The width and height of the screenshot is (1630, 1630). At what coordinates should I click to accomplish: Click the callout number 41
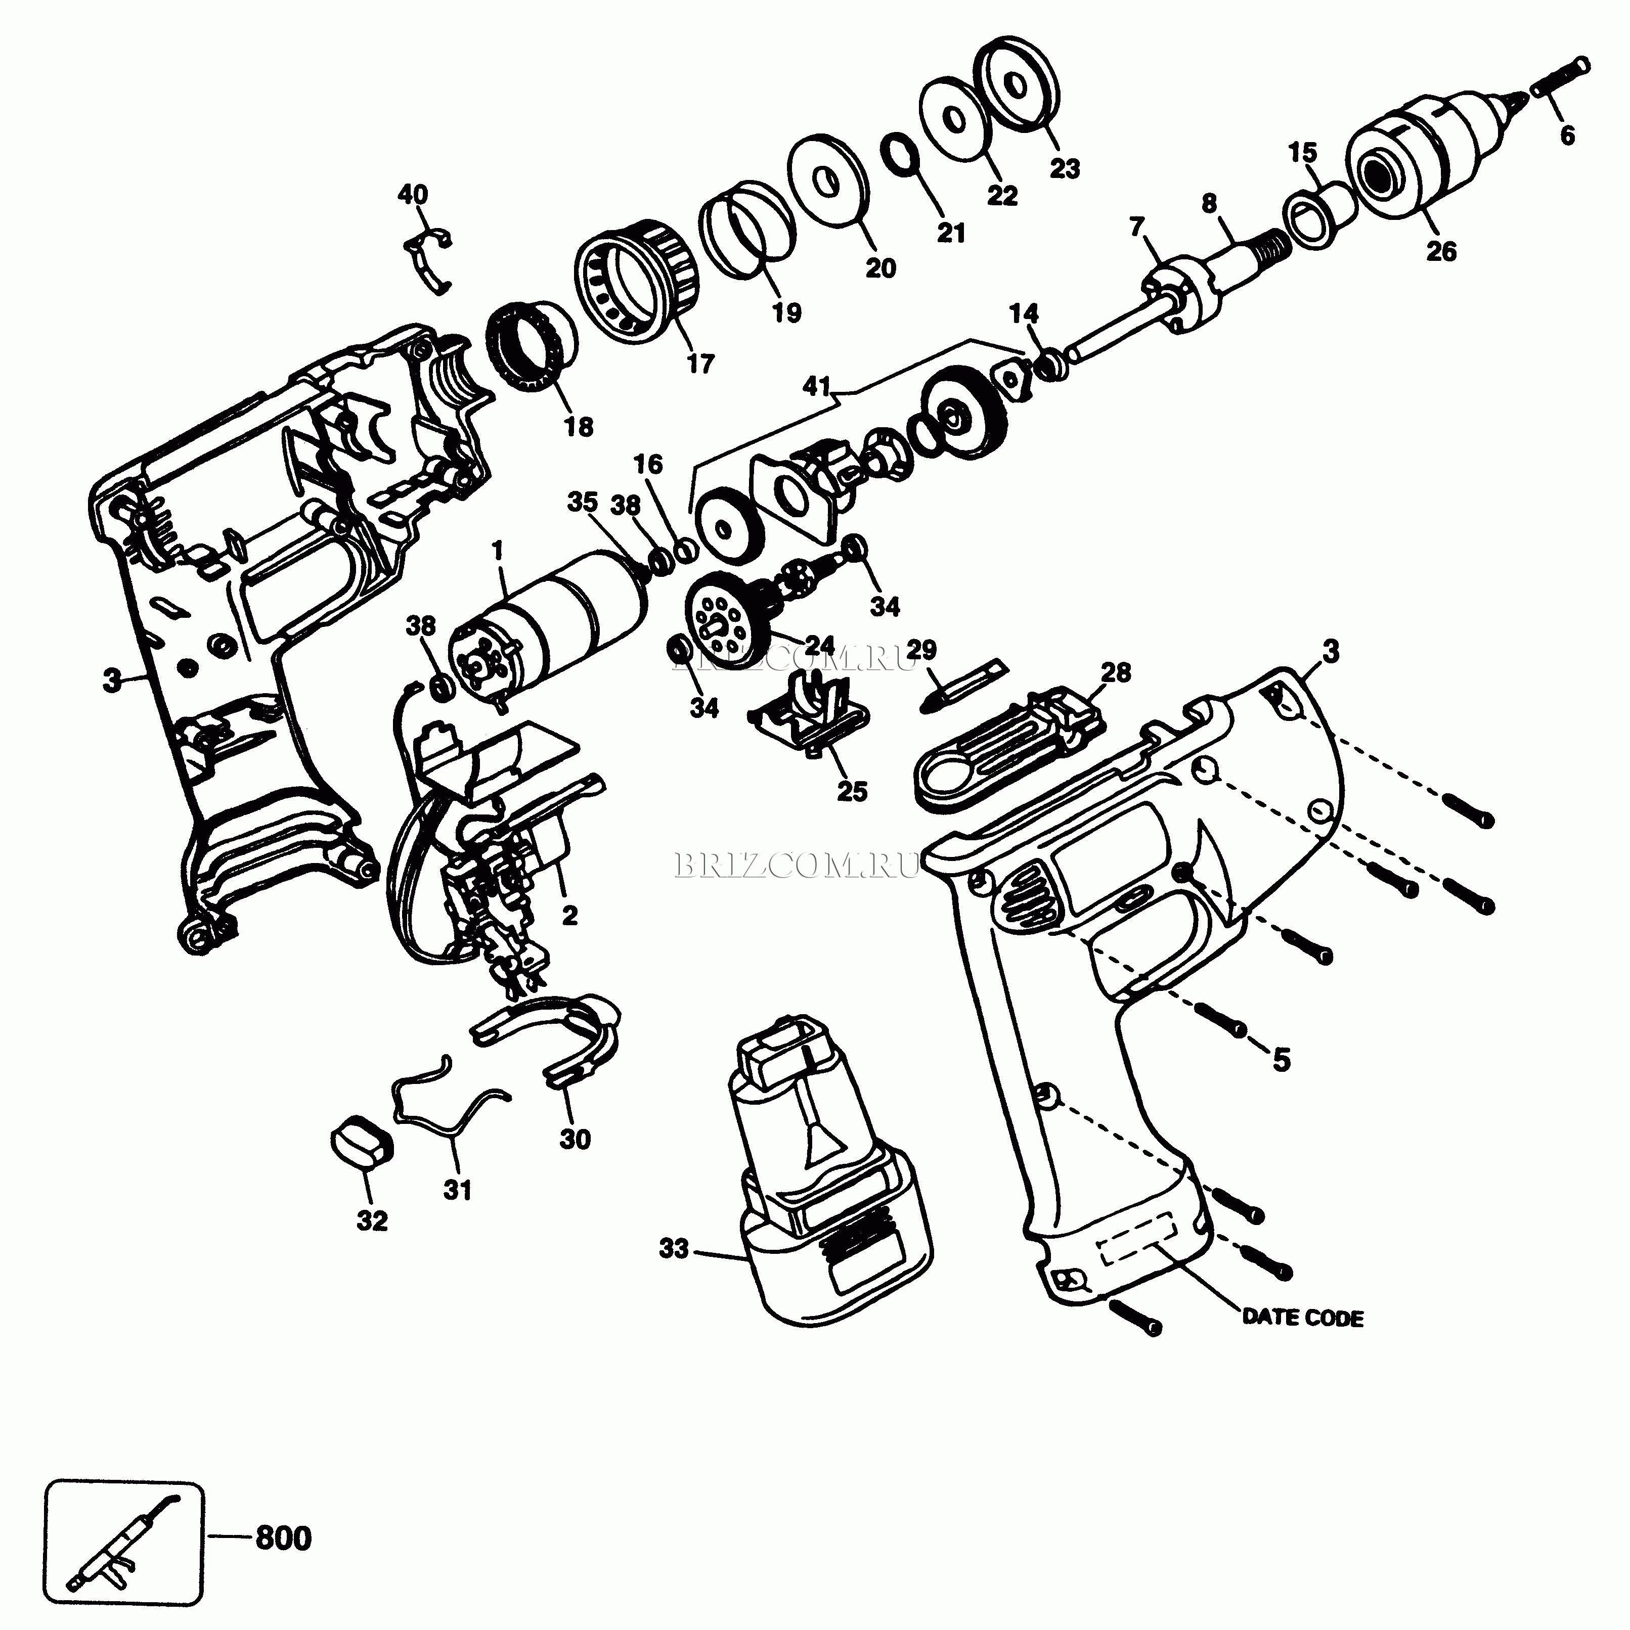coord(815,387)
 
